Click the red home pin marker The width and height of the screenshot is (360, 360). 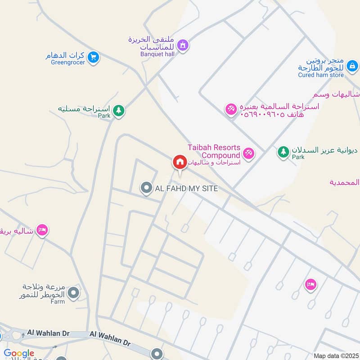[x=180, y=162]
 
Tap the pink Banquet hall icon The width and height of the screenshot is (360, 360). [x=183, y=45]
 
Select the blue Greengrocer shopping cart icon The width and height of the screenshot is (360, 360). [x=93, y=57]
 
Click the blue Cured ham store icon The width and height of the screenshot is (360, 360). [x=353, y=67]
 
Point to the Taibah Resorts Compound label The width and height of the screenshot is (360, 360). [x=214, y=151]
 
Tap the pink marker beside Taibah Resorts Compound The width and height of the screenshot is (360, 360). [x=249, y=154]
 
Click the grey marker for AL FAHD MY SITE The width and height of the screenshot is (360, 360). [x=146, y=188]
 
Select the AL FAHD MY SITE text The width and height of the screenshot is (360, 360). [x=186, y=189]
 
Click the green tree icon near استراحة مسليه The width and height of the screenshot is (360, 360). [x=118, y=110]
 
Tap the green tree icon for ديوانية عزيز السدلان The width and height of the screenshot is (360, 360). [x=283, y=152]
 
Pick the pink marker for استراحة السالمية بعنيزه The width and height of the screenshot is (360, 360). [x=231, y=109]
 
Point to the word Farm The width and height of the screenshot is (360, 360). [x=58, y=302]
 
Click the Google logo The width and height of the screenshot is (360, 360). [x=19, y=354]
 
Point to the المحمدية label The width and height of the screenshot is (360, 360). [x=345, y=182]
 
